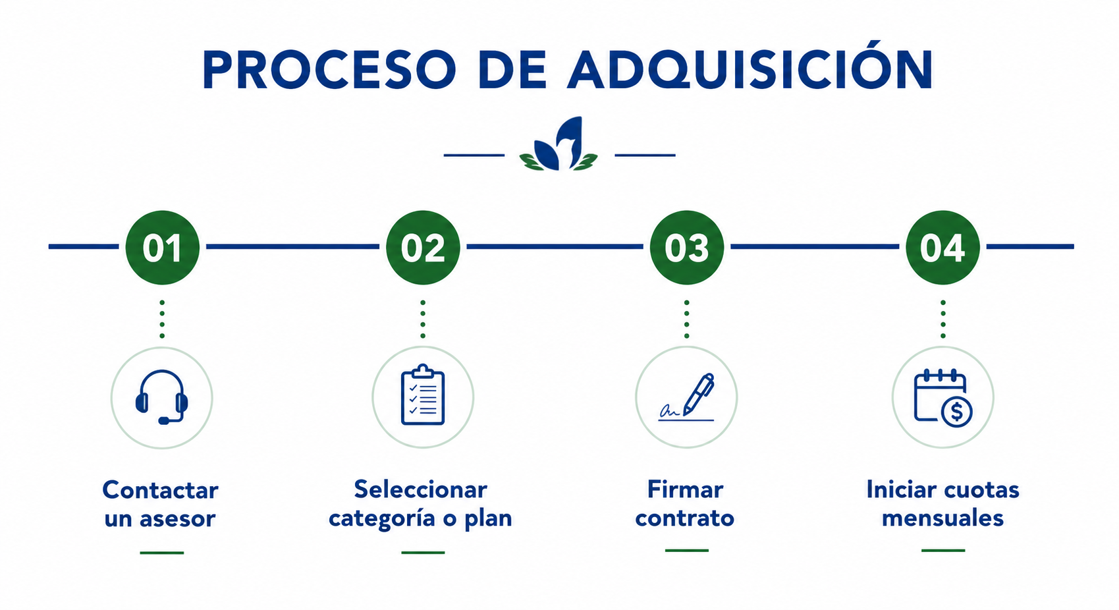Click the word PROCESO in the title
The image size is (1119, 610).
click(x=329, y=70)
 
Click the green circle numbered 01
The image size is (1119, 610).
click(x=163, y=247)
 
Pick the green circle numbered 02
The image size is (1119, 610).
click(x=423, y=247)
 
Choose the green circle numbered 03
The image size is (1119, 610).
click(x=687, y=247)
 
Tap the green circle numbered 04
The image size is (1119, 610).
click(x=942, y=247)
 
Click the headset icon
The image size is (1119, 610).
click(x=162, y=397)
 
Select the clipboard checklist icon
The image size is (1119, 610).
click(x=423, y=395)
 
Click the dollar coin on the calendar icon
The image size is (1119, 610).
click(x=956, y=412)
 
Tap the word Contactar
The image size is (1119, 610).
click(x=160, y=490)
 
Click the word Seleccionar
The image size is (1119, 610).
click(x=421, y=489)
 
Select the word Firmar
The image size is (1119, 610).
click(x=686, y=489)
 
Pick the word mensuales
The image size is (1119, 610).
click(x=942, y=518)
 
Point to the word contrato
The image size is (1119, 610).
click(x=685, y=518)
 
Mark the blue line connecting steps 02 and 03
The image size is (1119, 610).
click(x=555, y=246)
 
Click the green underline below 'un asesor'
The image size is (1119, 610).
click(x=162, y=553)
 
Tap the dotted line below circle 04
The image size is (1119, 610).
click(x=942, y=319)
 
